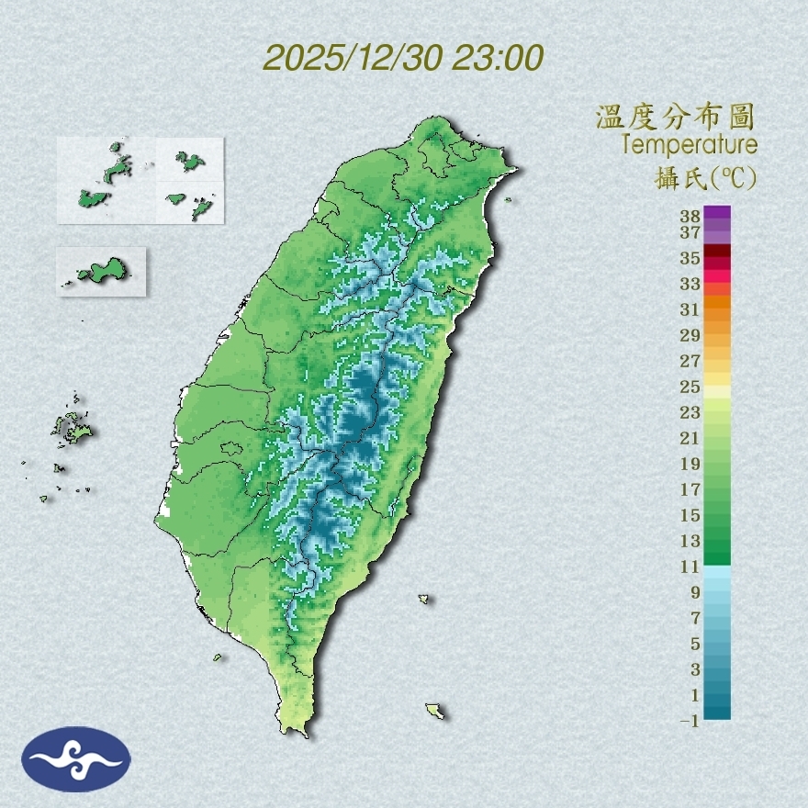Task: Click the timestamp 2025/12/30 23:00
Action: click(403, 58)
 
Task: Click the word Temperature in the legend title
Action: click(689, 145)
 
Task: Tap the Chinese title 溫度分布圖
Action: click(675, 118)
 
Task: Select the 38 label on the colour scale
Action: click(690, 217)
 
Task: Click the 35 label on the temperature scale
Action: click(690, 258)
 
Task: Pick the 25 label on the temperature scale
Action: click(690, 387)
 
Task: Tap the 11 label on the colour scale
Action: click(690, 567)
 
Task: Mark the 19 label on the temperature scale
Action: click(690, 464)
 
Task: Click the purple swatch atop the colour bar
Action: click(717, 212)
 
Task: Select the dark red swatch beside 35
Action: click(717, 251)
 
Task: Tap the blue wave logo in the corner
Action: click(76, 759)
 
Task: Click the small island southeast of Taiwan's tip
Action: click(434, 711)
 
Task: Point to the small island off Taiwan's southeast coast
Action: click(423, 599)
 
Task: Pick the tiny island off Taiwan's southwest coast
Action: click(218, 656)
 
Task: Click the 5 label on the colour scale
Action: click(695, 644)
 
